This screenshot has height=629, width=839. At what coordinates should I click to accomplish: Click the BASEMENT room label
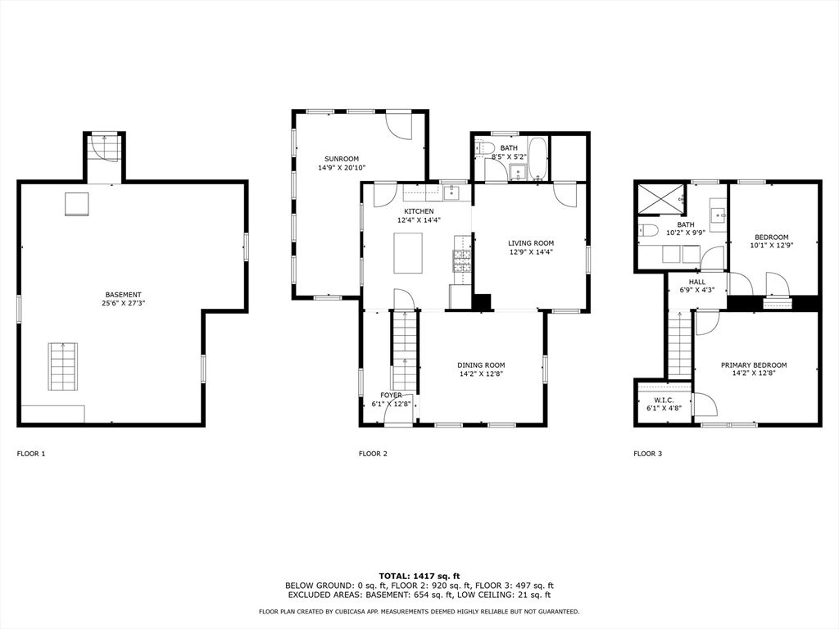pos(123,295)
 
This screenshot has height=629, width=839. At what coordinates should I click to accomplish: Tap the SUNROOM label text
pos(342,159)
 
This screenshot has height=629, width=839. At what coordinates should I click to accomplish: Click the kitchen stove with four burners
pos(462,261)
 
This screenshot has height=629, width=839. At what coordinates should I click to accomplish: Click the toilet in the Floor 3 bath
pos(648,230)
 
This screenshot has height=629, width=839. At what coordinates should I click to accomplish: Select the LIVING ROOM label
pos(531,243)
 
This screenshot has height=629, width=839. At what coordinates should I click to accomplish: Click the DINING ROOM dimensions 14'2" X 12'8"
pos(481,373)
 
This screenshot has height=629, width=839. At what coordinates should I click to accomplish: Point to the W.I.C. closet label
pos(664,400)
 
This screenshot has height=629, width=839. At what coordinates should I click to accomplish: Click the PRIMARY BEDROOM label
pos(754,365)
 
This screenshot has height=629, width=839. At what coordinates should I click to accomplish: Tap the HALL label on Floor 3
pos(696,282)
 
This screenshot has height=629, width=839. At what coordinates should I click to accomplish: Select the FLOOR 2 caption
pos(373,454)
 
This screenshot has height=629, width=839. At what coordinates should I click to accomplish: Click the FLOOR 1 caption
pos(32,454)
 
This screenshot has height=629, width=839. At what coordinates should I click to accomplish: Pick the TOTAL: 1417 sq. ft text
pos(419,576)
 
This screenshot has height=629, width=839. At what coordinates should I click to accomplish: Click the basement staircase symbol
pos(64,367)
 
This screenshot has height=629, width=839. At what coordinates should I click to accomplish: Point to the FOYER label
pos(391,396)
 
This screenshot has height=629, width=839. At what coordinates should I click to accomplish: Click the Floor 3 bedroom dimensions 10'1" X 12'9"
pos(772,246)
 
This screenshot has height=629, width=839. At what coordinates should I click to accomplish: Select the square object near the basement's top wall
pos(76,204)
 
